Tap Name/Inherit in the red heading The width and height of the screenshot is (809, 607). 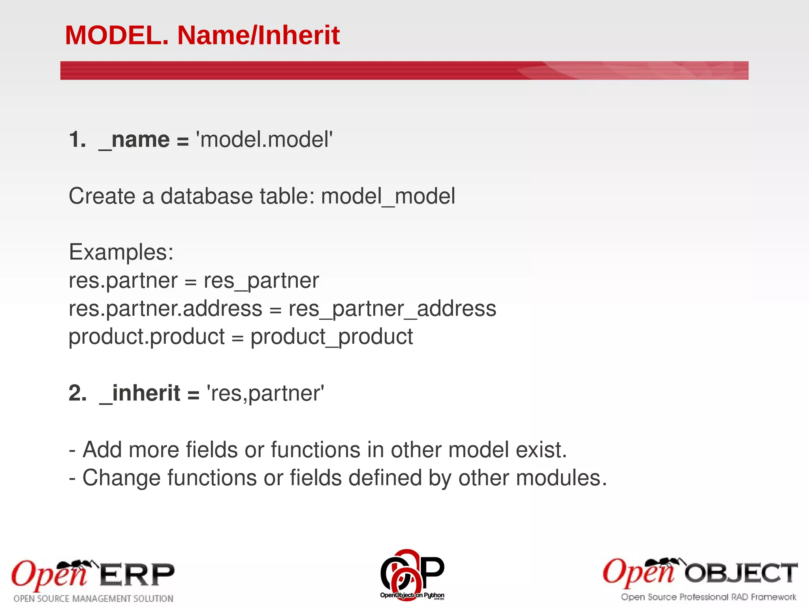(x=258, y=36)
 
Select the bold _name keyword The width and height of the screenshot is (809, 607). (x=134, y=140)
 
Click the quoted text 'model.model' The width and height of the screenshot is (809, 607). (x=265, y=140)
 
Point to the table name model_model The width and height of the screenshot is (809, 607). (x=388, y=196)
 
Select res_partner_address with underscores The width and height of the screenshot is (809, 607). (x=392, y=309)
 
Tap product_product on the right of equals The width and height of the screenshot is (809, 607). (x=332, y=337)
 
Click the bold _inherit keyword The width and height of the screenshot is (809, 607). (x=140, y=394)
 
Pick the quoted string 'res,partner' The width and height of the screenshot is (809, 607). (x=265, y=394)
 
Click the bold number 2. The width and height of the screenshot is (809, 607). (x=77, y=394)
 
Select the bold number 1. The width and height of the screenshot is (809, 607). (x=77, y=140)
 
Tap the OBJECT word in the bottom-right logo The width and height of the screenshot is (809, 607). (x=741, y=573)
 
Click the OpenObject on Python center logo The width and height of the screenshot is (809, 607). (x=412, y=575)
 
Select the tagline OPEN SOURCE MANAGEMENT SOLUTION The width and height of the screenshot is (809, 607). (x=94, y=599)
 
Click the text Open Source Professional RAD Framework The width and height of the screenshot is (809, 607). (x=708, y=597)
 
